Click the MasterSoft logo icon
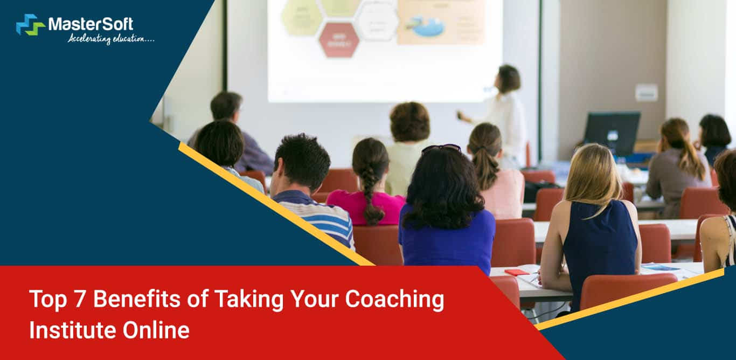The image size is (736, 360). point(30,25)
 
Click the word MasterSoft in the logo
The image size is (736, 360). point(91,24)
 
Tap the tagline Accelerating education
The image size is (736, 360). point(110,38)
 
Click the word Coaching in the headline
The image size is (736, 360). point(394,299)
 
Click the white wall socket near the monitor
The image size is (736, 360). point(646,93)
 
